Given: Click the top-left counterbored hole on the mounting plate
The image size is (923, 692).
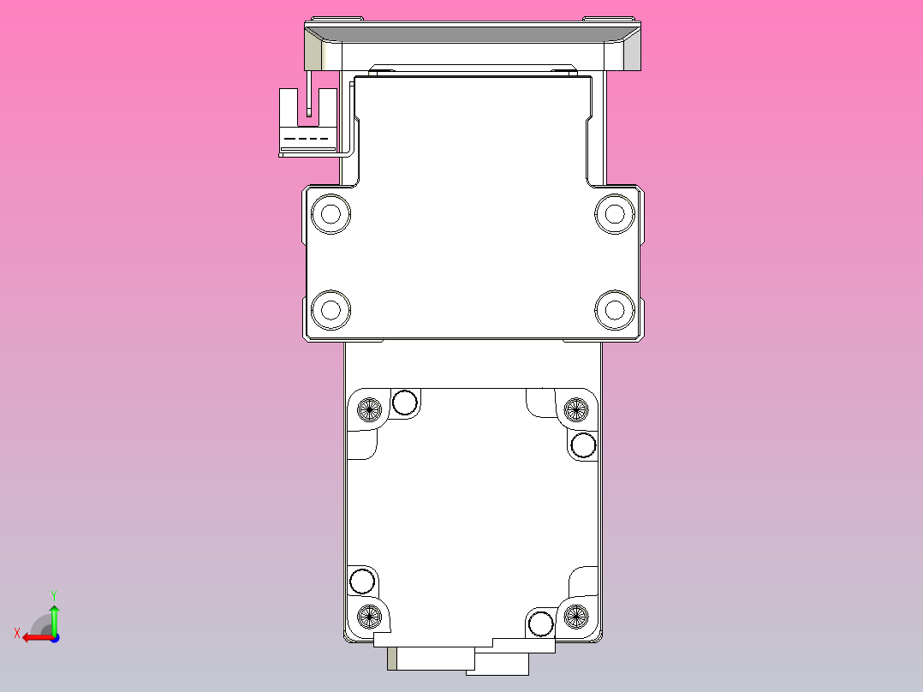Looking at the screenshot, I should pos(331,213).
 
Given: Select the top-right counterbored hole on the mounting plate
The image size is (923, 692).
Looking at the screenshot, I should pos(612,213).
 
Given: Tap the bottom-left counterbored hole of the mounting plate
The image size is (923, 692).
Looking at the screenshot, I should pos(331,309).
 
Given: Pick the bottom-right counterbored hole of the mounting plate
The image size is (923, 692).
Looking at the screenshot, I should pos(612,309).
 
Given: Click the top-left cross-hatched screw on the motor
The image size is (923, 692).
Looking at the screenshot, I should pos(370,409).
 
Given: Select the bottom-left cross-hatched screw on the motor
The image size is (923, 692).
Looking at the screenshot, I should pos(370,614).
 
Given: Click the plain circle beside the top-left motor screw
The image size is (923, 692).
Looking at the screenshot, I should pos(404,402).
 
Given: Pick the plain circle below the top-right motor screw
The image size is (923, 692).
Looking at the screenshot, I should pos(583,445).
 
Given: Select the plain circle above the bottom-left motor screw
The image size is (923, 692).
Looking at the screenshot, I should pos(362,582).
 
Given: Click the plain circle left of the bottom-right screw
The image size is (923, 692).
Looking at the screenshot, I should pos(540,623).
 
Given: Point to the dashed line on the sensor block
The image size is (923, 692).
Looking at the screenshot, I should pos(307,139).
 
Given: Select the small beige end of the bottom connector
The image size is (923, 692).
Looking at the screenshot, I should pos(392,659).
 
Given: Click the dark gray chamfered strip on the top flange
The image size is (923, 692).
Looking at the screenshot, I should pos(472,35).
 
